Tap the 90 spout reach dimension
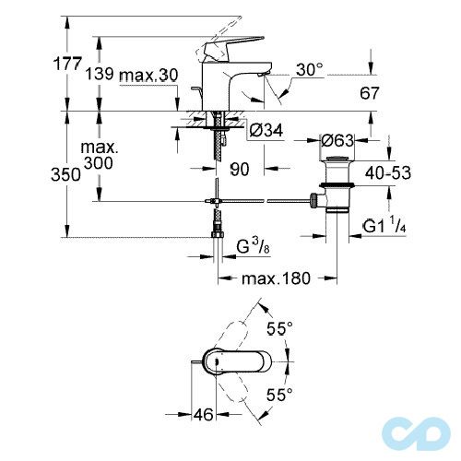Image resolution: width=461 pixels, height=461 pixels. click(x=240, y=169)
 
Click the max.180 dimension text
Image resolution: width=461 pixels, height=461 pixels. click(x=272, y=278)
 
